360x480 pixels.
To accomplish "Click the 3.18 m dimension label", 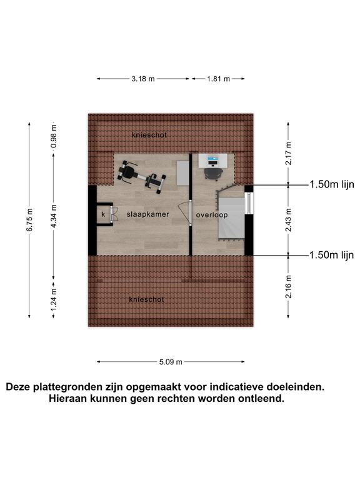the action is coord(143,79).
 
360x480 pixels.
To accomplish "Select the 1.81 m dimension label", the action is coord(218,79).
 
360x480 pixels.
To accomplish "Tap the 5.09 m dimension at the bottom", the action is coord(171,362).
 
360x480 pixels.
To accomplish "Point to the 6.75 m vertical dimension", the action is coord(29,220).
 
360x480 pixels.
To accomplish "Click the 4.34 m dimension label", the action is coord(54,216).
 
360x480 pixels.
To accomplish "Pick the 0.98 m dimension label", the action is coord(54,136).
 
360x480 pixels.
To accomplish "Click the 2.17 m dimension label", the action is coord(288,154).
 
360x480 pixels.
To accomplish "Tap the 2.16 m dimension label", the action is coord(288,287).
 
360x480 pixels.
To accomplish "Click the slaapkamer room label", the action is coord(148,214).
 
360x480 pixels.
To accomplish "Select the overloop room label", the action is coord(212,215).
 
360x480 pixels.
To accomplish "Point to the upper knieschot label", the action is coord(149,135).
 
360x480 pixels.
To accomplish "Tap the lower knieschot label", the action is coord(147,299).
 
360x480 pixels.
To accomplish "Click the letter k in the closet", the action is coord(103,214).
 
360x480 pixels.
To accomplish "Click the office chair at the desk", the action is coord(212,174).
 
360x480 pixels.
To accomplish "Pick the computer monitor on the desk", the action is coord(212,159).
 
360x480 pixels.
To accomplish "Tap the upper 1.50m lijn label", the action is coord(332,184).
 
